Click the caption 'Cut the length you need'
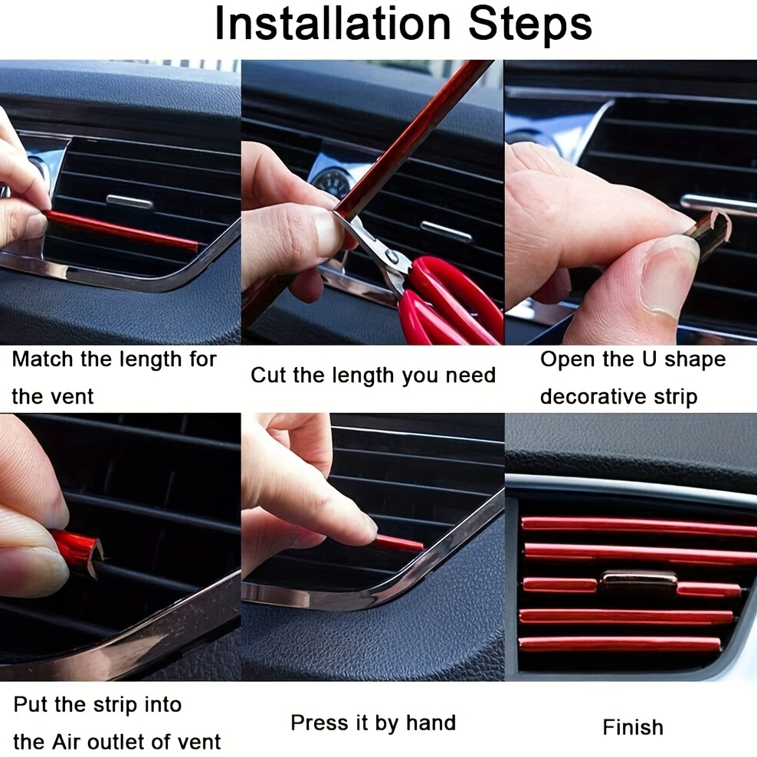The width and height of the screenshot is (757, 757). (x=373, y=375)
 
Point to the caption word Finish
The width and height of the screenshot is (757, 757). (x=633, y=727)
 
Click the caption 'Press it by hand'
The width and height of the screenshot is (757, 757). (x=373, y=723)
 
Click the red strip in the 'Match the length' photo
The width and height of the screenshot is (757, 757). (x=123, y=231)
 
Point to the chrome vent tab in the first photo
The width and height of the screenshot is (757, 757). (x=129, y=202)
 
